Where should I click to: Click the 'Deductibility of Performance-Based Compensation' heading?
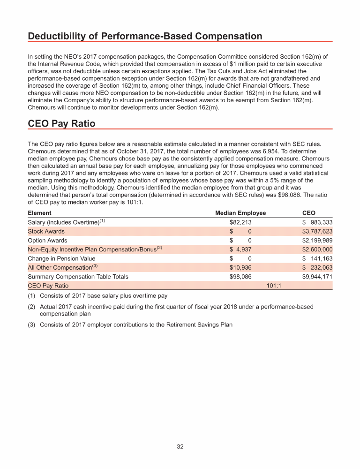click(145, 36)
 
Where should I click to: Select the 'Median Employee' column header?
click(240, 213)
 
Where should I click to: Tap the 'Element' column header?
click(39, 213)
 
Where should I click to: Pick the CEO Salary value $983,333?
click(317, 222)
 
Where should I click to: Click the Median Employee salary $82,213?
click(240, 222)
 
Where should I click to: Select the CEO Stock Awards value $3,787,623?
click(317, 231)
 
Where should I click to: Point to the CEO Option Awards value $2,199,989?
click(317, 240)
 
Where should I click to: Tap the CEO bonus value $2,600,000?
click(317, 250)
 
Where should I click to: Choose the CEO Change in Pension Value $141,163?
click(317, 258)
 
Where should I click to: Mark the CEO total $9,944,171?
click(317, 277)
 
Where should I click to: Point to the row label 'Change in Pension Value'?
click(61, 258)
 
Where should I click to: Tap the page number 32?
click(180, 447)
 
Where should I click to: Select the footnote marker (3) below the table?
click(32, 325)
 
